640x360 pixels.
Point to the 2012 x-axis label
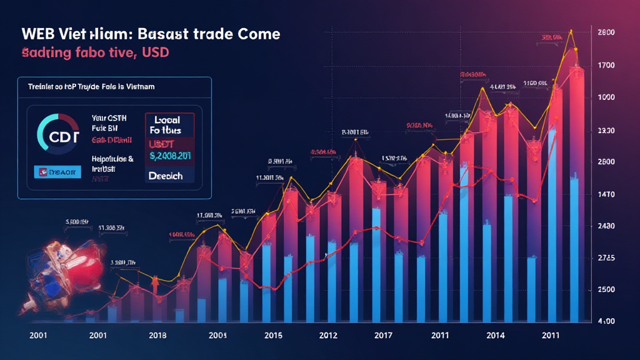pyautogui.click(x=329, y=334)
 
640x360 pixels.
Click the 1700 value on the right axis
pyautogui.click(x=606, y=65)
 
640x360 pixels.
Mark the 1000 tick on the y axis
pyautogui.click(x=606, y=97)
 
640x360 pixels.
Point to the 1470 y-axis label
pyautogui.click(x=606, y=195)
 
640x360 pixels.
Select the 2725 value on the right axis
pyautogui.click(x=606, y=258)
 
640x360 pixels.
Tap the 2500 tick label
pyautogui.click(x=606, y=289)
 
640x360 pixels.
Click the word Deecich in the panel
pyautogui.click(x=166, y=176)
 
